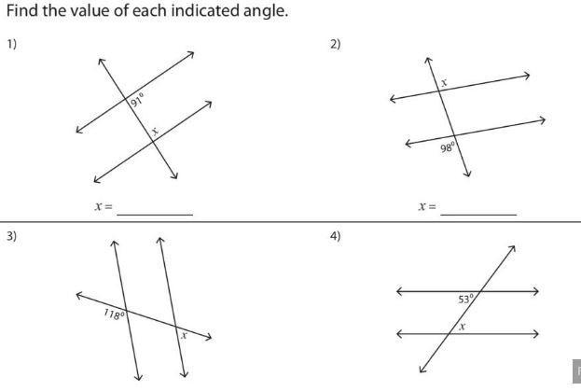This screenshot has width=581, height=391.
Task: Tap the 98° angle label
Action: pyautogui.click(x=448, y=147)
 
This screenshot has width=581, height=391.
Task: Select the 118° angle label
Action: pyautogui.click(x=113, y=314)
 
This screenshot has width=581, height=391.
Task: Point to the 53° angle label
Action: pyautogui.click(x=465, y=299)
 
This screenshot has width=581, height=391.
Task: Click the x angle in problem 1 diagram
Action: pyautogui.click(x=155, y=131)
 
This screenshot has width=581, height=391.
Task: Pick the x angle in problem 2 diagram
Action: pyautogui.click(x=444, y=83)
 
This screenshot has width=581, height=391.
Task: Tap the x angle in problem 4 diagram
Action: pyautogui.click(x=462, y=327)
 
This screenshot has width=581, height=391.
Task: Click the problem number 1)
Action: pyautogui.click(x=11, y=44)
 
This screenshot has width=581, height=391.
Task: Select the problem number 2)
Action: pyautogui.click(x=336, y=44)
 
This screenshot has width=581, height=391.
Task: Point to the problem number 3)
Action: pyautogui.click(x=11, y=236)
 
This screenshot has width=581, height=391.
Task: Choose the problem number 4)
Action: pyautogui.click(x=336, y=236)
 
